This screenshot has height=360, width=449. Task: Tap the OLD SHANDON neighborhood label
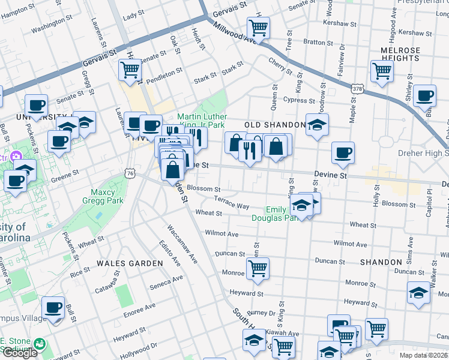click(x=276, y=124)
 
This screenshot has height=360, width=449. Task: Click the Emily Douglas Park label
click(x=282, y=214)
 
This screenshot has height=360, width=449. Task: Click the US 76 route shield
click(x=130, y=173)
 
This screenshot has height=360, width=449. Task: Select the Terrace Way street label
click(x=232, y=203)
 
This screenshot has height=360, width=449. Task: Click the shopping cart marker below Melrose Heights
click(x=382, y=71)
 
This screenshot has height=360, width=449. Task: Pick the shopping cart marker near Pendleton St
click(x=130, y=69)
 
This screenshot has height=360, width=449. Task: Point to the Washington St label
click(x=52, y=25)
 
